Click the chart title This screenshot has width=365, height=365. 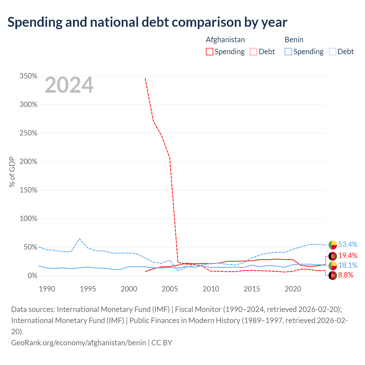[147, 22]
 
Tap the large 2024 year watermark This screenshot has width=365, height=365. [69, 85]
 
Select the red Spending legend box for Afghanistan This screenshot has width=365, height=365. [209, 52]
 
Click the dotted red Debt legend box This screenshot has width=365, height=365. [253, 52]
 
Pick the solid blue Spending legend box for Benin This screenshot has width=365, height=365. [288, 52]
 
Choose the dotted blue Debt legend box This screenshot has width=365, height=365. [332, 52]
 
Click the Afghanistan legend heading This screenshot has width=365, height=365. [225, 40]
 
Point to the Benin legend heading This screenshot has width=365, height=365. [294, 40]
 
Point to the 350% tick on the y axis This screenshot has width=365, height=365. [29, 76]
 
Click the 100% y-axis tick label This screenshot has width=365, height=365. [29, 219]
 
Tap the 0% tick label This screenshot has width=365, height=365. [33, 275]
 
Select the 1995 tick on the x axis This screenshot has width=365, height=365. [88, 289]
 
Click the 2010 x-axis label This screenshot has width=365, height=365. [211, 289]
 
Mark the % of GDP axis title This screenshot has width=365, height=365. [12, 172]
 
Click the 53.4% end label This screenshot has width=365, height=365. [348, 245]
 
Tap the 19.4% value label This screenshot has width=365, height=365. [348, 256]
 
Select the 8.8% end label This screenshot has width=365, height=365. [346, 275]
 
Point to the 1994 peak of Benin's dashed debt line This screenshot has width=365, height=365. [80, 239]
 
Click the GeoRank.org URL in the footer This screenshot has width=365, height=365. [79, 343]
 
